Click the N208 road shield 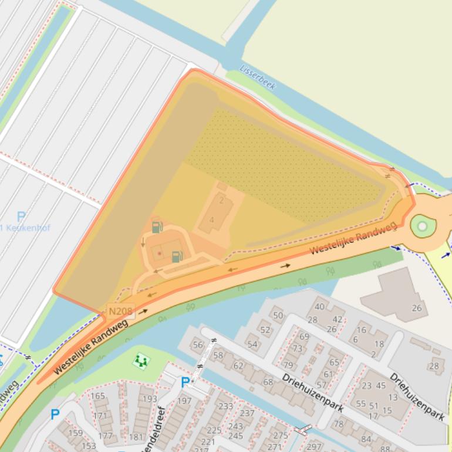[x=121, y=311]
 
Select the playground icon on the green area [x=140, y=360]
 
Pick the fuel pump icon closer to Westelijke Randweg [x=177, y=256]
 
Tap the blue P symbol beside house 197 [x=185, y=383]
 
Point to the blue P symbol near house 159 [x=55, y=414]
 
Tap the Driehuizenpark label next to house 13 [x=417, y=396]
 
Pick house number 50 [x=278, y=315]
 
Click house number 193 [x=150, y=399]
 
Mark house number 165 [x=98, y=396]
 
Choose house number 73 [x=298, y=348]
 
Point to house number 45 [x=381, y=386]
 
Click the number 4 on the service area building [x=211, y=220]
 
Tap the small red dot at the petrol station [x=159, y=253]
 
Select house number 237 [x=247, y=413]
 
